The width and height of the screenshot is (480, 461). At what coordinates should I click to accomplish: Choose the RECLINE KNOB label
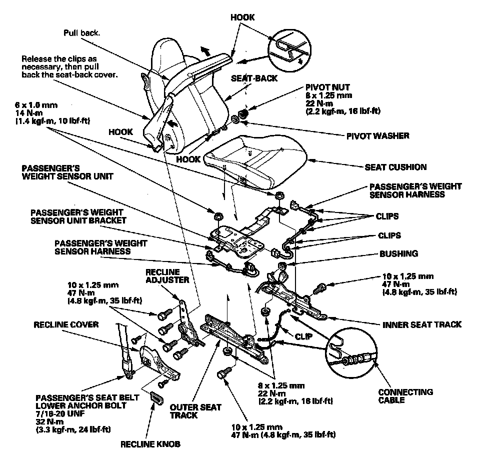[x=150, y=443]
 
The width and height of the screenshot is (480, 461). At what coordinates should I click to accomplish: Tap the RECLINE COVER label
[x=66, y=324]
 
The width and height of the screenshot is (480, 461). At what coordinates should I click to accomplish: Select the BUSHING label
[x=398, y=253]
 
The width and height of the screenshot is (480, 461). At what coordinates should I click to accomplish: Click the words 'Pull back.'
[x=82, y=33]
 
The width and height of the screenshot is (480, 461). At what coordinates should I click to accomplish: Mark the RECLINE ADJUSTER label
[x=167, y=276]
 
